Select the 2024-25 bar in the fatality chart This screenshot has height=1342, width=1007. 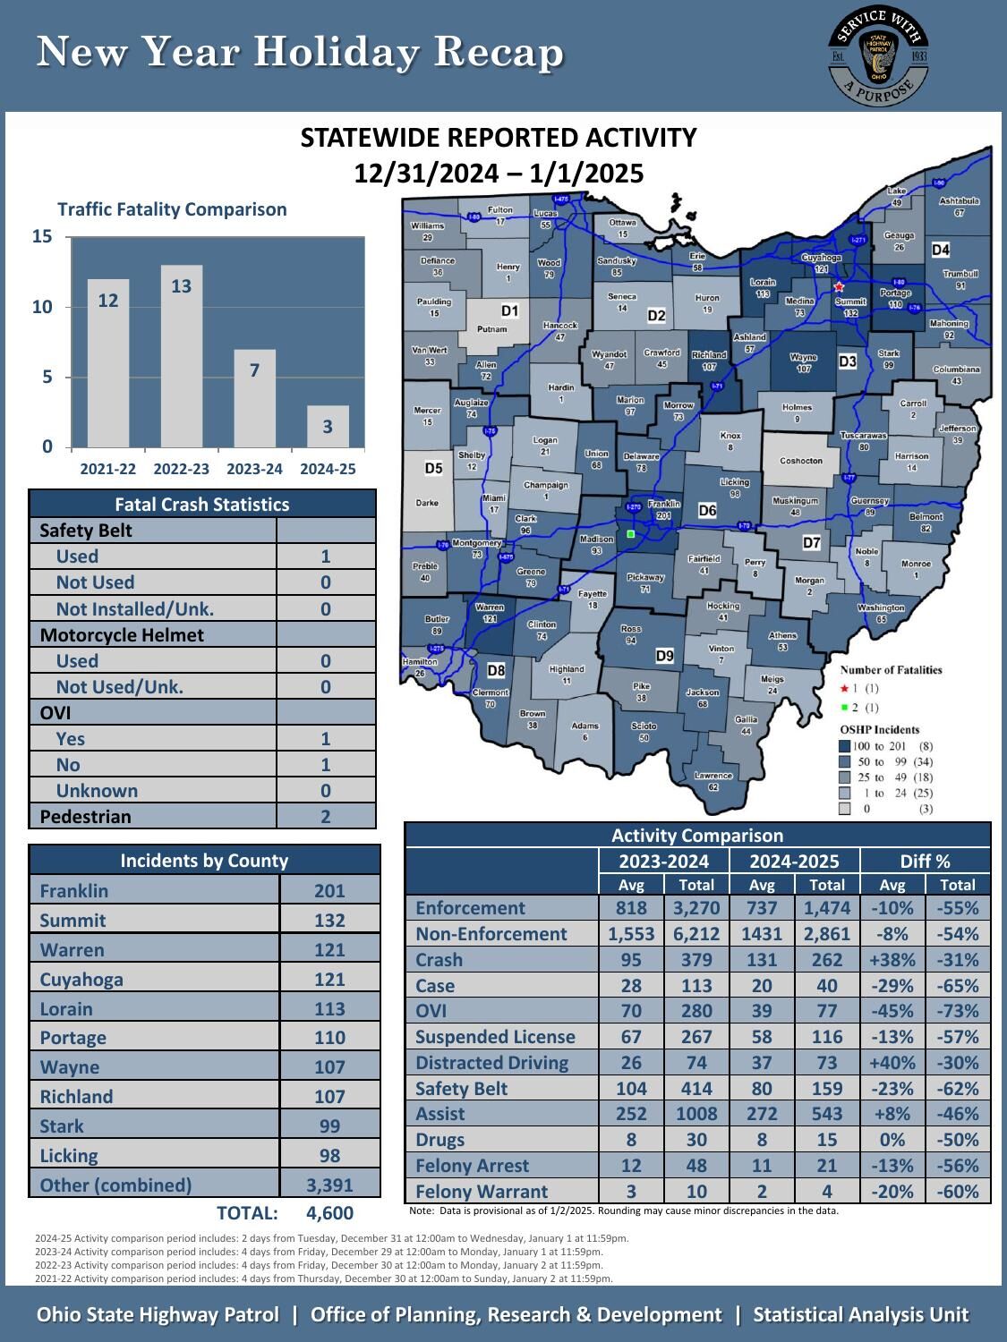[328, 427]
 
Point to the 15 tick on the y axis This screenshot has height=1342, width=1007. [42, 237]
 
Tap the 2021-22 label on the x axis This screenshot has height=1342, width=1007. [108, 469]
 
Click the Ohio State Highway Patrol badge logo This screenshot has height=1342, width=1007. [878, 55]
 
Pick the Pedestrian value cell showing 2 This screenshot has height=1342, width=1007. [326, 816]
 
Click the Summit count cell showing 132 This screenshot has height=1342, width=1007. [329, 920]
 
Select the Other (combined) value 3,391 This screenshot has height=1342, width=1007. [329, 1185]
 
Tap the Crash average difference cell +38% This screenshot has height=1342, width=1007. [892, 959]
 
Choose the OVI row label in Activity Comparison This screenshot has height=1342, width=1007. [431, 1011]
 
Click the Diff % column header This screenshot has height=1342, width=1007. [925, 861]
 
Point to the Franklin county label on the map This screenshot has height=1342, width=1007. [663, 505]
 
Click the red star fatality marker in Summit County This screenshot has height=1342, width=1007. [839, 287]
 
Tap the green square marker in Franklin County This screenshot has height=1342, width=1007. [631, 534]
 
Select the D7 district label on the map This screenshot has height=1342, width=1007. [811, 542]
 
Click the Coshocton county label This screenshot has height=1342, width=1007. [800, 461]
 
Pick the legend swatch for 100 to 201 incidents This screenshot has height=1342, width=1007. [844, 746]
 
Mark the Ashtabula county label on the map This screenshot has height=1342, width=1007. [959, 202]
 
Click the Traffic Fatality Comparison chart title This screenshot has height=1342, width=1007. [172, 209]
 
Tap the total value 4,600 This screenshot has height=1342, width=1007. [329, 1213]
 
